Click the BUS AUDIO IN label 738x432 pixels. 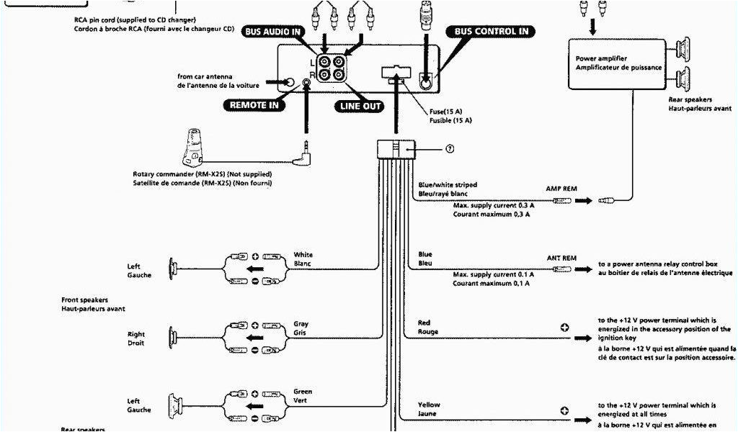(273, 32)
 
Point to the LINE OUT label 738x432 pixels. (357, 106)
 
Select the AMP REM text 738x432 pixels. (561, 188)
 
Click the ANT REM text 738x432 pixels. (561, 258)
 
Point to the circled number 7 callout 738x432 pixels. (449, 149)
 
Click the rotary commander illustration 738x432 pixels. (193, 146)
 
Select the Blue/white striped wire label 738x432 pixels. (447, 185)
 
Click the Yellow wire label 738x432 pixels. (429, 405)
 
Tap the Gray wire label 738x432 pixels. (301, 324)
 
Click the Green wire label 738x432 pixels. (302, 392)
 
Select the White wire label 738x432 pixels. (303, 255)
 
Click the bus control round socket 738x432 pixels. (425, 82)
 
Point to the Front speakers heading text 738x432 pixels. (85, 300)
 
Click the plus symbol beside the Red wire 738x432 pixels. (564, 326)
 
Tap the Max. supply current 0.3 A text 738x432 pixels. (491, 205)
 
